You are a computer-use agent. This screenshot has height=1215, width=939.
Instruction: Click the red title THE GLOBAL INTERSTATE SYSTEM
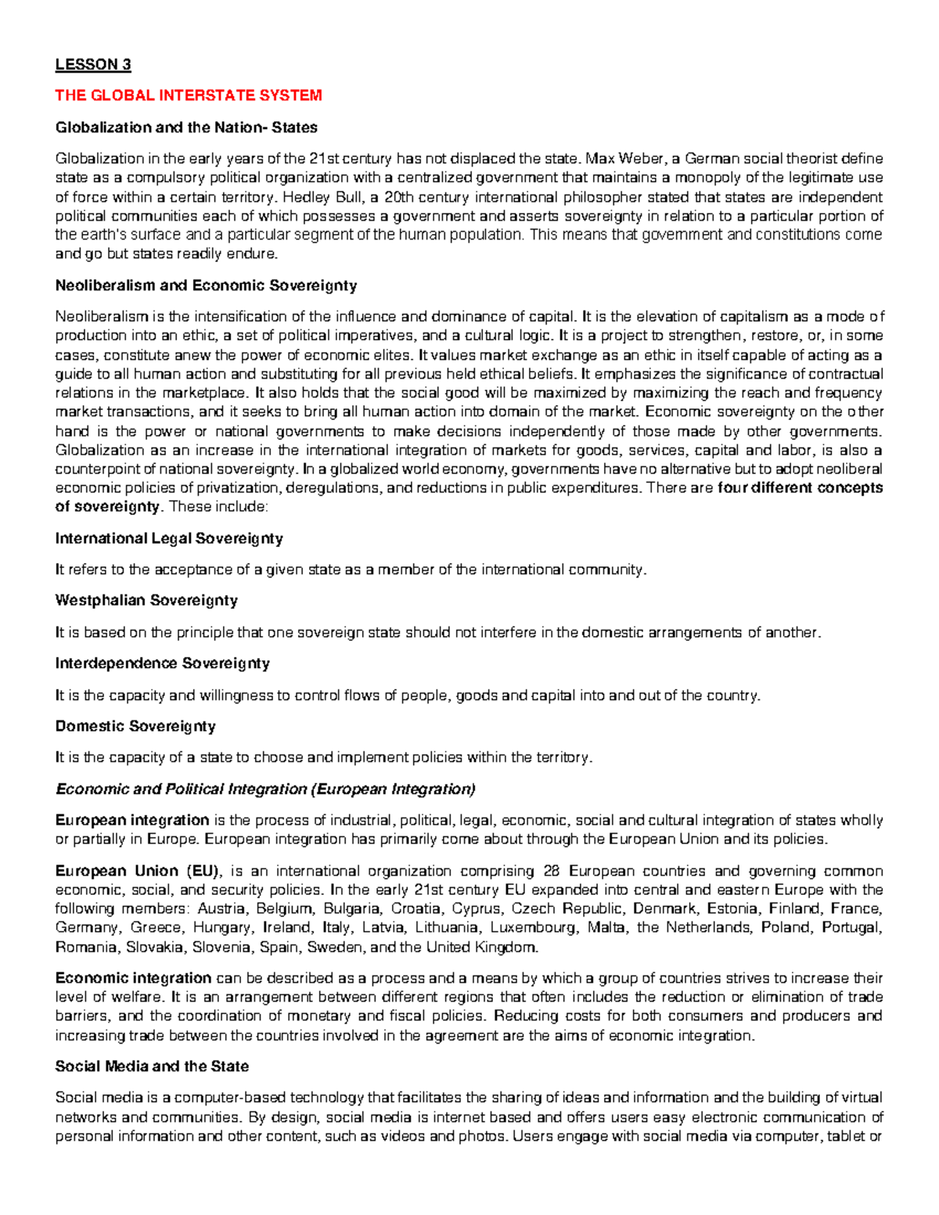tap(188, 95)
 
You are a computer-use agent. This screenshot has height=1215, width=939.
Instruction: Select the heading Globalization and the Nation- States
tap(186, 127)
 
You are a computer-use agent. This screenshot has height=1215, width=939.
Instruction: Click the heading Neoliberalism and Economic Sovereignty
tap(206, 286)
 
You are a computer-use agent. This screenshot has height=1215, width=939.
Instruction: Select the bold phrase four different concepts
tap(800, 488)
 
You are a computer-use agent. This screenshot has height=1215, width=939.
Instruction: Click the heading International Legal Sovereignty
tap(169, 538)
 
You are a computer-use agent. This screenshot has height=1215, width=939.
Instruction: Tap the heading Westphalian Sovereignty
tap(146, 601)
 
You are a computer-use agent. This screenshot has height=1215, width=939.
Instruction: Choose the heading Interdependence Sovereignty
tap(163, 663)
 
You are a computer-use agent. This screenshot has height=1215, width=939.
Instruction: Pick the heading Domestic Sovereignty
tap(135, 726)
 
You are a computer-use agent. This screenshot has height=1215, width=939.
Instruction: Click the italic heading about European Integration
tap(265, 789)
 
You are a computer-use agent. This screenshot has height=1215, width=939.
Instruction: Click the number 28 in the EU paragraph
tap(552, 871)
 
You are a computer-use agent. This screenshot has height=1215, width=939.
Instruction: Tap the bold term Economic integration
tap(133, 978)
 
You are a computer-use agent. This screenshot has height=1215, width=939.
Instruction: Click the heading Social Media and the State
tap(152, 1066)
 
